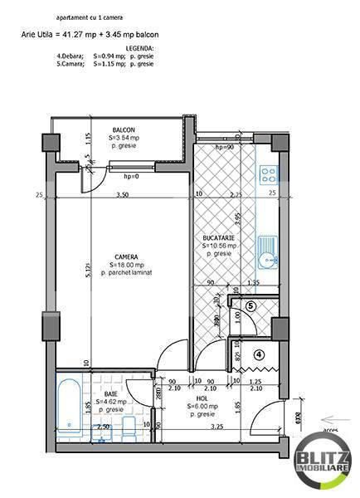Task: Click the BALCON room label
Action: click(x=125, y=130)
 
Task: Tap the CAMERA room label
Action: click(x=127, y=256)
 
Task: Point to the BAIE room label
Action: click(x=111, y=394)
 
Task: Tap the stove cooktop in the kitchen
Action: click(x=268, y=174)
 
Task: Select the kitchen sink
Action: click(x=266, y=252)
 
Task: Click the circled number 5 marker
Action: click(x=251, y=305)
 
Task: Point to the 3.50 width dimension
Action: click(x=121, y=194)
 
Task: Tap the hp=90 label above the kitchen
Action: click(x=224, y=147)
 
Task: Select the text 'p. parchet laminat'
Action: click(x=128, y=273)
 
